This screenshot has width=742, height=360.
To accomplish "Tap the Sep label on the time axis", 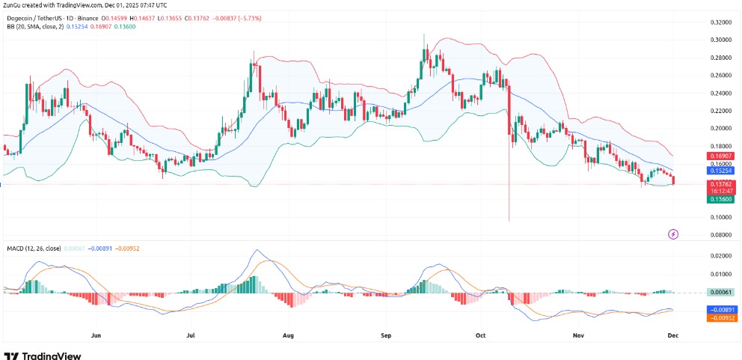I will tap(385, 335).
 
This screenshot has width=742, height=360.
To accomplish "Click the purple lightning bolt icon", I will tap(673, 234).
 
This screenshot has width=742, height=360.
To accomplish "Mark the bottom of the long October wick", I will tap(509, 221).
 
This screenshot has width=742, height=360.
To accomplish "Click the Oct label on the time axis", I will tap(480, 335).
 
